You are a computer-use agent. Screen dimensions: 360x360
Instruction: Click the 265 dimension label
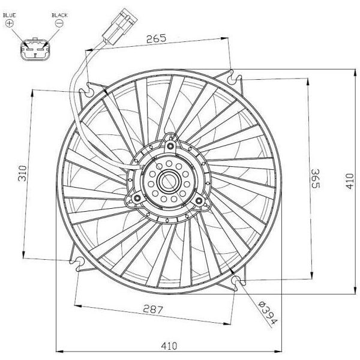156,38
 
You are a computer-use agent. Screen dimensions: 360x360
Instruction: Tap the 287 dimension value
153,309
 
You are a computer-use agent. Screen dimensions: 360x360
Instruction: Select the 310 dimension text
23,173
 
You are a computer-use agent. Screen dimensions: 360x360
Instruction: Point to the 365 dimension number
315,179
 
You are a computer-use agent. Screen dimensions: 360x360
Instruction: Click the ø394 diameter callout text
268,313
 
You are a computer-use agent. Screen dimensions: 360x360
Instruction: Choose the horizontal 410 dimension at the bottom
169,346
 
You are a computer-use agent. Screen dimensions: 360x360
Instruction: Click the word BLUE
10,16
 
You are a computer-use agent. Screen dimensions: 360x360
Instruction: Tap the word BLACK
59,16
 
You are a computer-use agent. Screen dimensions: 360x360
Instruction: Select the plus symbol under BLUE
10,23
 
